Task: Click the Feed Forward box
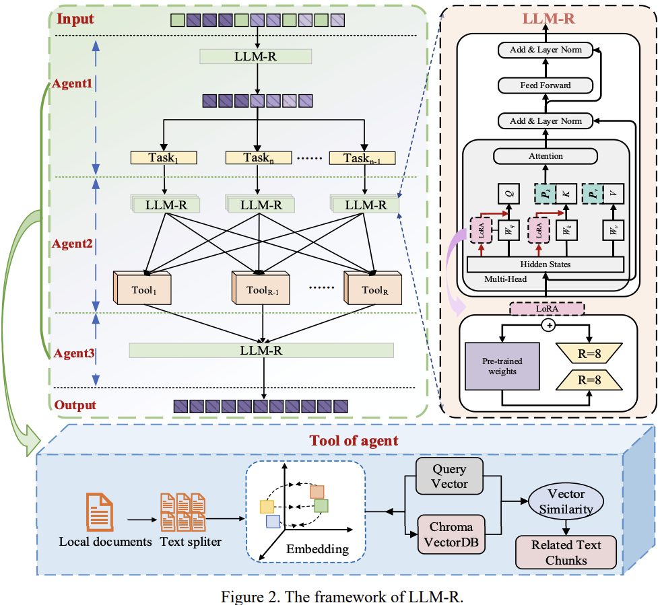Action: pos(546,85)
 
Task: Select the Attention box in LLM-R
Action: pos(546,156)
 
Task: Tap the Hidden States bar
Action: pos(546,264)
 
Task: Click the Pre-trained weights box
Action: pos(502,365)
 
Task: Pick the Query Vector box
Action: pos(449,476)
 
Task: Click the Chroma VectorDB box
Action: pos(451,534)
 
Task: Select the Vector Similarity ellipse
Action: pos(566,501)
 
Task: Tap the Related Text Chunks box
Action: pos(566,552)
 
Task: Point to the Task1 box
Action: pos(164,158)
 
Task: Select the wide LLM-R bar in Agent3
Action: pos(261,351)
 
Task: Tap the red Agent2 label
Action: pos(73,243)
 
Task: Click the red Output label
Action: pos(75,405)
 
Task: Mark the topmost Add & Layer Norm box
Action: pos(546,50)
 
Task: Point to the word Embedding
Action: pos(317,548)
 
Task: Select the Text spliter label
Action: pos(190,541)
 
